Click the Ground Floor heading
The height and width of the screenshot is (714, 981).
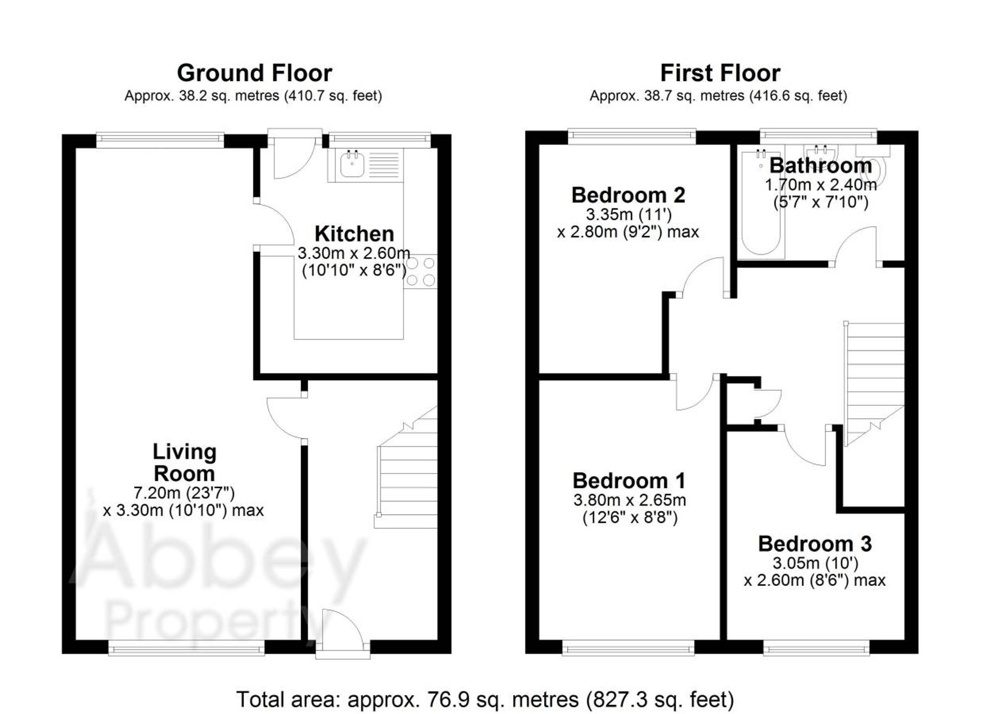[x=254, y=73]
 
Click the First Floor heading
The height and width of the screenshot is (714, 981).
[x=720, y=73]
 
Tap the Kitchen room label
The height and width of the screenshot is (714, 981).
[x=354, y=234]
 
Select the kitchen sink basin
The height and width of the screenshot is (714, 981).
[x=352, y=164]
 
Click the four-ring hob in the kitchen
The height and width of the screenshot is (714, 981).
[x=420, y=271]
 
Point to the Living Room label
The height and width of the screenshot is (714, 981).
[x=184, y=462]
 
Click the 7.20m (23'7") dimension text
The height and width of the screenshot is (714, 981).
[x=184, y=492]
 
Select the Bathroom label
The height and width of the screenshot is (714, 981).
[x=820, y=166]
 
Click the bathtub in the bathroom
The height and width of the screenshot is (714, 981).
[x=761, y=206]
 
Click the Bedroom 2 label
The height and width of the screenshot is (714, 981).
[x=628, y=195]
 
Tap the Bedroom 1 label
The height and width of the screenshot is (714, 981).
[x=629, y=481]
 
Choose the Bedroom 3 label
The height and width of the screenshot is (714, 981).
[x=815, y=544]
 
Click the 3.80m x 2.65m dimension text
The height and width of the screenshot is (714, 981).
[x=629, y=500]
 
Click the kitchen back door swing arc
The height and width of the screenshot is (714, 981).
[x=293, y=159]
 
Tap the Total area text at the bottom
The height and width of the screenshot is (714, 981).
[x=485, y=699]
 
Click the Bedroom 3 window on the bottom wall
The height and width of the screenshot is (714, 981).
[x=816, y=649]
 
